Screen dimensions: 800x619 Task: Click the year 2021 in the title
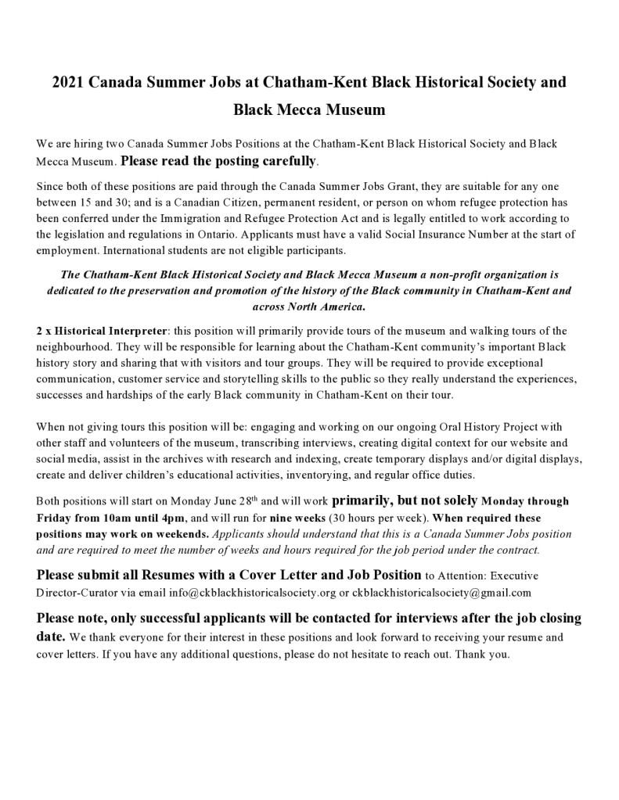[68, 81]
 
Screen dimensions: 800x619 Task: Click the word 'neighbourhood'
[74, 346]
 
